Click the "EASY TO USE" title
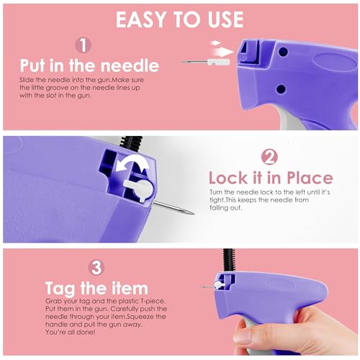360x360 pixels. (180, 19)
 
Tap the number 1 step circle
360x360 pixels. (83, 45)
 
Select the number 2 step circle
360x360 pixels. (269, 157)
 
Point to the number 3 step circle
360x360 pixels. (96, 268)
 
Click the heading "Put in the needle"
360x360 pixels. (89, 66)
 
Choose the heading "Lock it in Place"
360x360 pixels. (271, 178)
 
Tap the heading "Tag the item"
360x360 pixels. (96, 288)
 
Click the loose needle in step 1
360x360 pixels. (205, 62)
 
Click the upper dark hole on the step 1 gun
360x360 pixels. (284, 52)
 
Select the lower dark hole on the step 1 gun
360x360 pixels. (281, 89)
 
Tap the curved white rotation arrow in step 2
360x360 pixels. (132, 163)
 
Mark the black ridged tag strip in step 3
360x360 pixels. (228, 261)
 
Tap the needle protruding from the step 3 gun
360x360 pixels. (207, 287)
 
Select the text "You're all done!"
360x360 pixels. (70, 332)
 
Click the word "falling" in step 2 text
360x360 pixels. (218, 207)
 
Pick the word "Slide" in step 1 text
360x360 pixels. (27, 80)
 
